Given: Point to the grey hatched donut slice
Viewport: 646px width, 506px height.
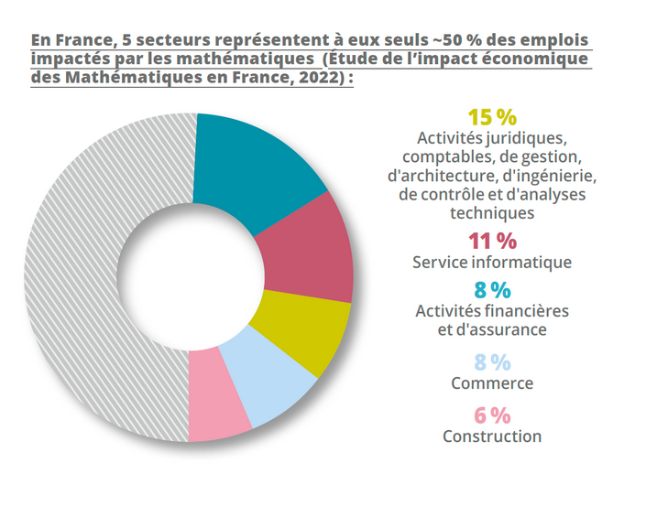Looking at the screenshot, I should (82, 275).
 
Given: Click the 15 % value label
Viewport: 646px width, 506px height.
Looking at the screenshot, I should (492, 117).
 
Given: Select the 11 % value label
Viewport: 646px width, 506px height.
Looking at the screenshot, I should (492, 241).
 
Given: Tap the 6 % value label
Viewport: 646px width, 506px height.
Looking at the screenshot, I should (492, 414).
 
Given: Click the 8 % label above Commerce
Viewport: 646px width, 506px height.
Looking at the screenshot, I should (492, 362).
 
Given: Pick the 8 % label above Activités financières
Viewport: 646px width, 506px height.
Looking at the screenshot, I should (492, 289).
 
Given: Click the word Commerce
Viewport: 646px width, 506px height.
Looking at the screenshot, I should (492, 383).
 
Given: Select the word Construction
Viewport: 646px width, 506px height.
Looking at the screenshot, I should (492, 436).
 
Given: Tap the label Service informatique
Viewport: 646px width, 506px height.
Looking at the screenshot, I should (492, 263).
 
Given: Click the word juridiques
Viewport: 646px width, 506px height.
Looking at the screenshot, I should (524, 139).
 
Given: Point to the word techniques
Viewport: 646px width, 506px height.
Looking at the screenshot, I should (492, 213).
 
